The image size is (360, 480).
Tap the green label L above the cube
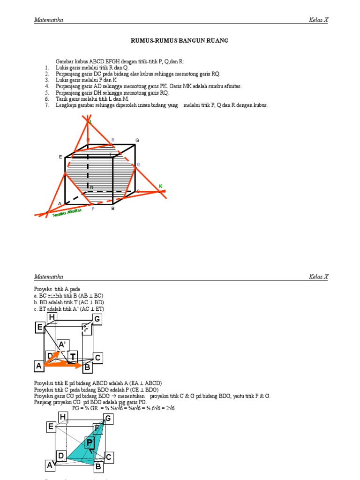point(91,122)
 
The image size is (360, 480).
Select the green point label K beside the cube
point(160,187)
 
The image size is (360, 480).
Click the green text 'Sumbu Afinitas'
point(67,213)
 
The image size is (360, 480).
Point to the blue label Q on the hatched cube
point(138,165)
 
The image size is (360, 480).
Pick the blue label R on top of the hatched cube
point(113,140)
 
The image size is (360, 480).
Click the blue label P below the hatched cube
point(93,209)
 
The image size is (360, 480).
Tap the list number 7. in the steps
point(47,105)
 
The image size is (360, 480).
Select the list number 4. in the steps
point(47,87)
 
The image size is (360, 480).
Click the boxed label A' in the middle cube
point(62,345)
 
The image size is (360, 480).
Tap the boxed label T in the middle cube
point(73,357)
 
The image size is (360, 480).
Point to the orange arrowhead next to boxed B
point(79,365)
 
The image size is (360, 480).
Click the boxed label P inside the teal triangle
point(90,442)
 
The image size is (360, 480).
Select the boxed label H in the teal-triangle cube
point(63,416)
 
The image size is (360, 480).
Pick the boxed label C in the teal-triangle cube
point(109,457)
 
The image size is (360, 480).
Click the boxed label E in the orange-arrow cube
point(40,328)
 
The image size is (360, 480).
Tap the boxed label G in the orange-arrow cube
point(97,320)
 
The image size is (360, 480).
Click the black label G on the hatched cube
point(137,141)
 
